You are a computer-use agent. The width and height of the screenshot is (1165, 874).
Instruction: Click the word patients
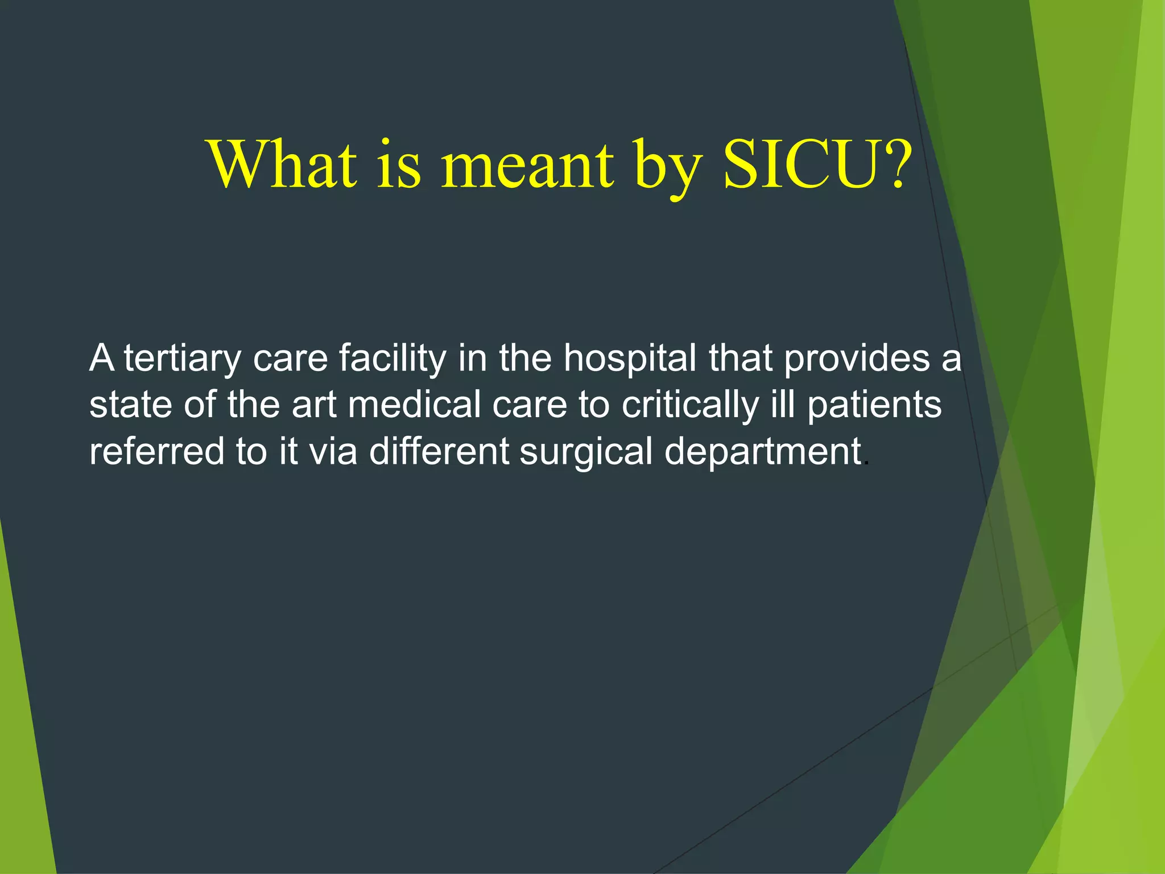874,405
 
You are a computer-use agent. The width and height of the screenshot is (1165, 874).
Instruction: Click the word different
439,452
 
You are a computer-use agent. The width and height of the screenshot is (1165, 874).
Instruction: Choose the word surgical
585,452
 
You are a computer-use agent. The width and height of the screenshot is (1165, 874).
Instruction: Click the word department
763,452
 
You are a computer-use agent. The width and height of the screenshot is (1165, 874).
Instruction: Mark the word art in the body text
314,405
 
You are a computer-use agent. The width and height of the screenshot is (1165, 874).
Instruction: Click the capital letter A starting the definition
102,358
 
